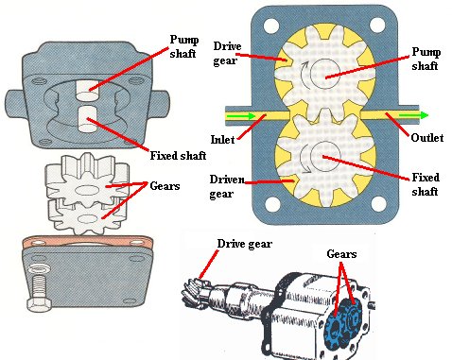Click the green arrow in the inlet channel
pos(241,116)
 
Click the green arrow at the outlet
pos(414,115)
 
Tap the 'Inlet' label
pos(223,139)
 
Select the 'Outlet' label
pos(427,138)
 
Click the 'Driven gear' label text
pos(227,187)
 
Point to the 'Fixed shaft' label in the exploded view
pos(178,156)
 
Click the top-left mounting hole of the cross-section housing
pos(271,26)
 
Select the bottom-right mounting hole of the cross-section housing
pos(378,204)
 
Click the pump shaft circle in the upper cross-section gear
pos(325,73)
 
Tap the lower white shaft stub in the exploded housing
pos(87,119)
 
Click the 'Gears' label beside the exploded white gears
pos(165,186)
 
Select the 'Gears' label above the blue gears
pos(341,254)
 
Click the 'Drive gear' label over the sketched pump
pos(245,244)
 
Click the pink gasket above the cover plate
pos(88,242)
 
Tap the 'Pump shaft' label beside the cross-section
pos(426,59)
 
